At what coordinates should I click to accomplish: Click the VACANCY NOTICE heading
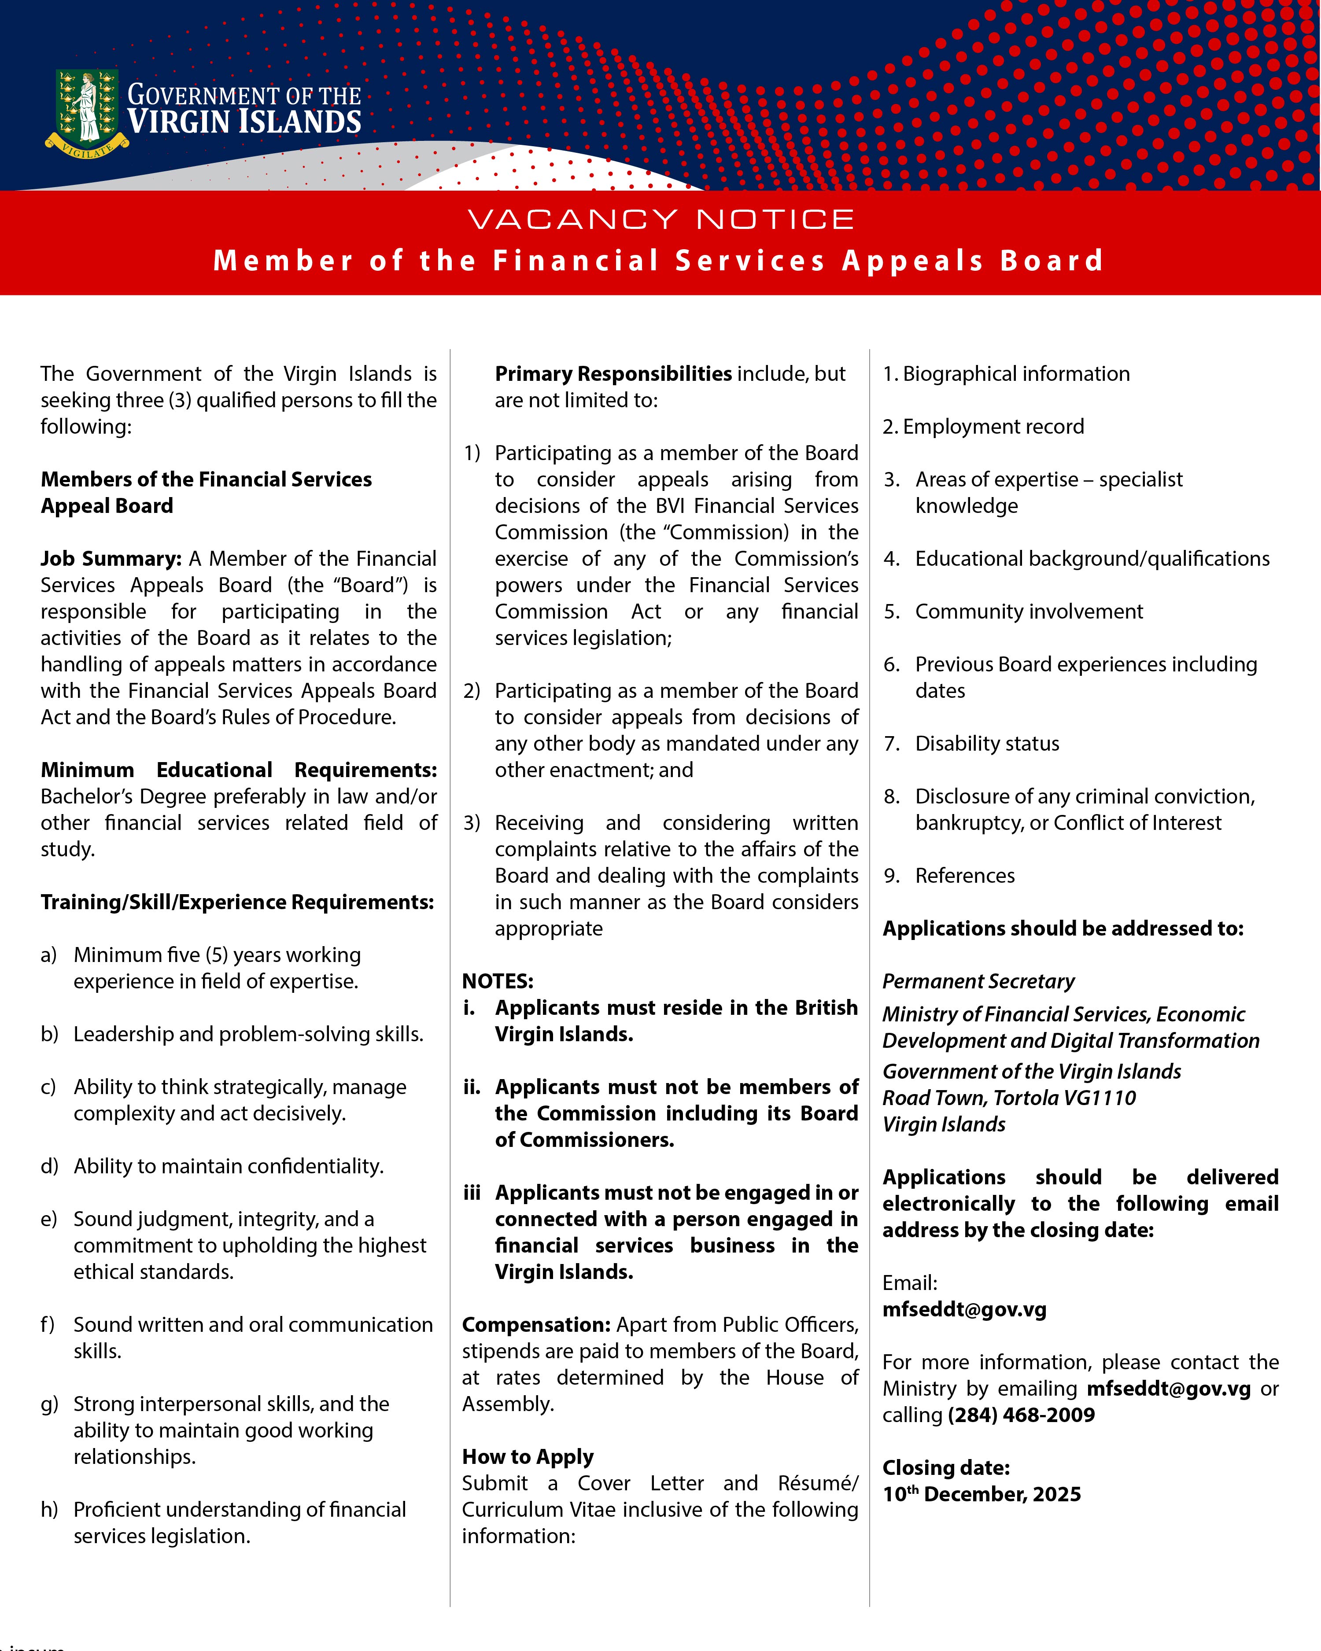pos(660,220)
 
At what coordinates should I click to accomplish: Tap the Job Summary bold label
pos(110,559)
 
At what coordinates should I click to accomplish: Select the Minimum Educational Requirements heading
pos(238,770)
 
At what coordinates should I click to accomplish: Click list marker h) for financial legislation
pos(49,1509)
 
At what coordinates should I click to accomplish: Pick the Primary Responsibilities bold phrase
pos(613,374)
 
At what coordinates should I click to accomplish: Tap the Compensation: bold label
pos(536,1325)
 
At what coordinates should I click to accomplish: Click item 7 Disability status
pos(986,744)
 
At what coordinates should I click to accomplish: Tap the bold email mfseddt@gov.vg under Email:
pos(964,1309)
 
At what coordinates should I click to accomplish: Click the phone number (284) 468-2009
pos(1021,1415)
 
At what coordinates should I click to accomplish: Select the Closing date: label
pos(946,1468)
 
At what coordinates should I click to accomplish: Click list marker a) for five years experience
pos(49,955)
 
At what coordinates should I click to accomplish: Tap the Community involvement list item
pos(1029,612)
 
